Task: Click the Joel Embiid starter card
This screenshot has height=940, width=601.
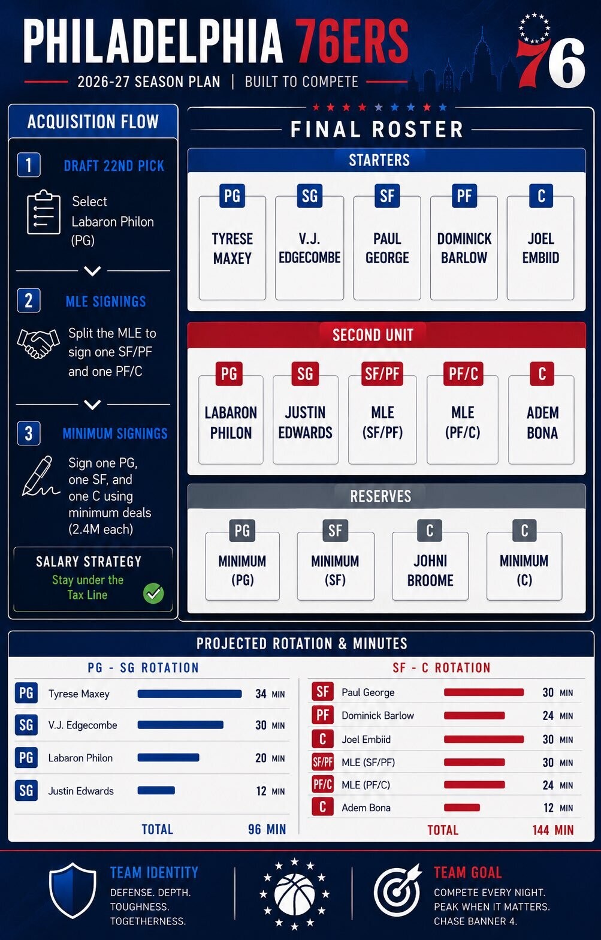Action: pyautogui.click(x=540, y=248)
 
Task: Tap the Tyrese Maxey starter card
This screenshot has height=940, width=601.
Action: pyautogui.click(x=232, y=248)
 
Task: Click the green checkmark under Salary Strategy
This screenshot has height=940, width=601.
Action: pyautogui.click(x=153, y=593)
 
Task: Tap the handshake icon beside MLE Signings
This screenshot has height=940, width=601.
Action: pyautogui.click(x=38, y=344)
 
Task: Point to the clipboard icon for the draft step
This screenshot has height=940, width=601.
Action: pyautogui.click(x=44, y=212)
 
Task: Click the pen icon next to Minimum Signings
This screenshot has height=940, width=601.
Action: pyautogui.click(x=40, y=476)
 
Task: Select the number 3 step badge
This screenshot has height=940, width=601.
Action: pyautogui.click(x=29, y=433)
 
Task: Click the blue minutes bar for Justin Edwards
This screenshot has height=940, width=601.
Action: pyautogui.click(x=156, y=791)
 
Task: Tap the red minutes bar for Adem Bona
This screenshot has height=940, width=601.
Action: pyautogui.click(x=462, y=808)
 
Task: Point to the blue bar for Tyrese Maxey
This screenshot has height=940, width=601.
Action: pyautogui.click(x=189, y=694)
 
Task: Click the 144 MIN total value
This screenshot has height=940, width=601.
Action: pyautogui.click(x=553, y=830)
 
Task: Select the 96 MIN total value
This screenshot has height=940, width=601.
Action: pyautogui.click(x=267, y=828)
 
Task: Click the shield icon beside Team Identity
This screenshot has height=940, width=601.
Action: pyautogui.click(x=73, y=890)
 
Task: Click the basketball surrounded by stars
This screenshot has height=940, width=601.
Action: pyautogui.click(x=294, y=894)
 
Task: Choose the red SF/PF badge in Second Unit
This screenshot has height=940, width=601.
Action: pyautogui.click(x=382, y=373)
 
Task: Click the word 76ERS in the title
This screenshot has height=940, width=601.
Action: pyautogui.click(x=351, y=41)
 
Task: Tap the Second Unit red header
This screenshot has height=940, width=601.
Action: pyautogui.click(x=386, y=335)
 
